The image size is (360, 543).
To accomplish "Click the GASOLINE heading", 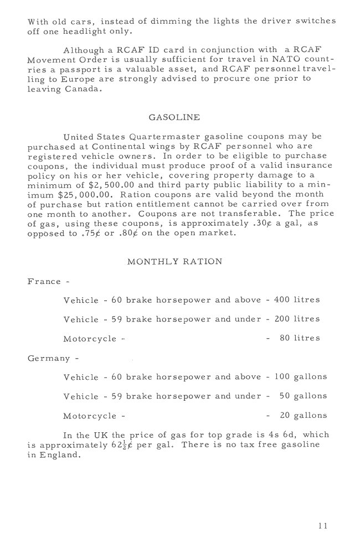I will pyautogui.click(x=174, y=117).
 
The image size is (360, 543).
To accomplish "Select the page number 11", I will pyautogui.click(x=323, y=525).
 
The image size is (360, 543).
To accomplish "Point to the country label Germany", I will pyautogui.click(x=49, y=358).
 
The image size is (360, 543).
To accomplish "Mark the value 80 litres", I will pyautogui.click(x=300, y=338).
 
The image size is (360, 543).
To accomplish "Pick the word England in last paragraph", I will pyautogui.click(x=58, y=456).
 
